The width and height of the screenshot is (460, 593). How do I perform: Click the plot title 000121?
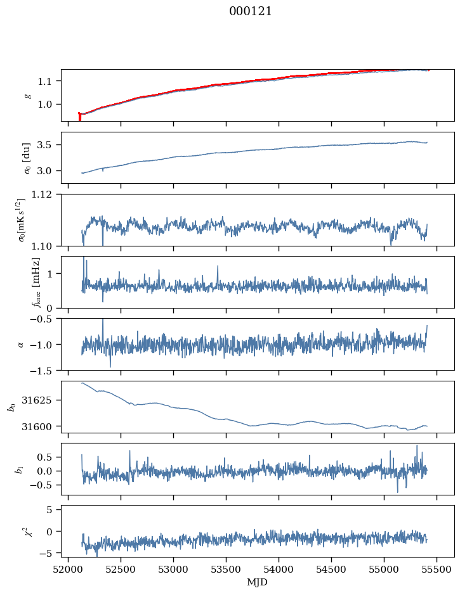click(x=250, y=11)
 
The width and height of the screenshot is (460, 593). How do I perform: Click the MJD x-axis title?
click(x=257, y=582)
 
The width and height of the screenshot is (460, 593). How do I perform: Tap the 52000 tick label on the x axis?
click(x=68, y=570)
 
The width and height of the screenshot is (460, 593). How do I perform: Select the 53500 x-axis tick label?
click(x=226, y=570)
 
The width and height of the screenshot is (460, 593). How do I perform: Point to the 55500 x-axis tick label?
click(x=437, y=570)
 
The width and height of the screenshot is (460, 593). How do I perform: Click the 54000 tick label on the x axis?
click(x=279, y=570)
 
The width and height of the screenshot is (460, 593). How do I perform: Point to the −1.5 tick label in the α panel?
click(x=45, y=370)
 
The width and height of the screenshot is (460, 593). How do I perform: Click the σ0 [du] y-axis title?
click(x=27, y=158)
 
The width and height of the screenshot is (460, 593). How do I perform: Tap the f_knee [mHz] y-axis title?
click(x=36, y=283)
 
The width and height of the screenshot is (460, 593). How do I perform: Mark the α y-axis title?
click(x=20, y=345)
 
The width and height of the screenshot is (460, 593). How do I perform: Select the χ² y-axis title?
click(x=29, y=531)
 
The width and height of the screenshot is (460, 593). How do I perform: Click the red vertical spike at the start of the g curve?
click(x=79, y=117)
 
